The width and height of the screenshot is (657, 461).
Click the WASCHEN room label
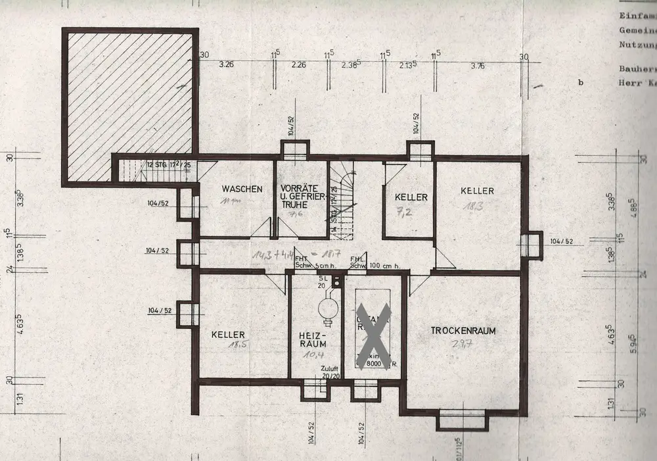pyautogui.click(x=242, y=189)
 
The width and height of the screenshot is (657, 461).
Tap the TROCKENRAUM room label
pyautogui.click(x=463, y=331)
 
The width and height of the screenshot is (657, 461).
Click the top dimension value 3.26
pyautogui.click(x=227, y=64)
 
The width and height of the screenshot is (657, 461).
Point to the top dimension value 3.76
pyautogui.click(x=478, y=65)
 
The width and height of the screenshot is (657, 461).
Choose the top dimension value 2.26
pyautogui.click(x=298, y=64)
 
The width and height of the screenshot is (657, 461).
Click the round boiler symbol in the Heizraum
pyautogui.click(x=325, y=307)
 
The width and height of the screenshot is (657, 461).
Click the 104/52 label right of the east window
pyautogui.click(x=561, y=241)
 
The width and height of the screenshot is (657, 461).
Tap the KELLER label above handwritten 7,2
pyautogui.click(x=411, y=197)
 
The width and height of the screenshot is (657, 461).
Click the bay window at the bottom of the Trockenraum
pyautogui.click(x=463, y=418)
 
